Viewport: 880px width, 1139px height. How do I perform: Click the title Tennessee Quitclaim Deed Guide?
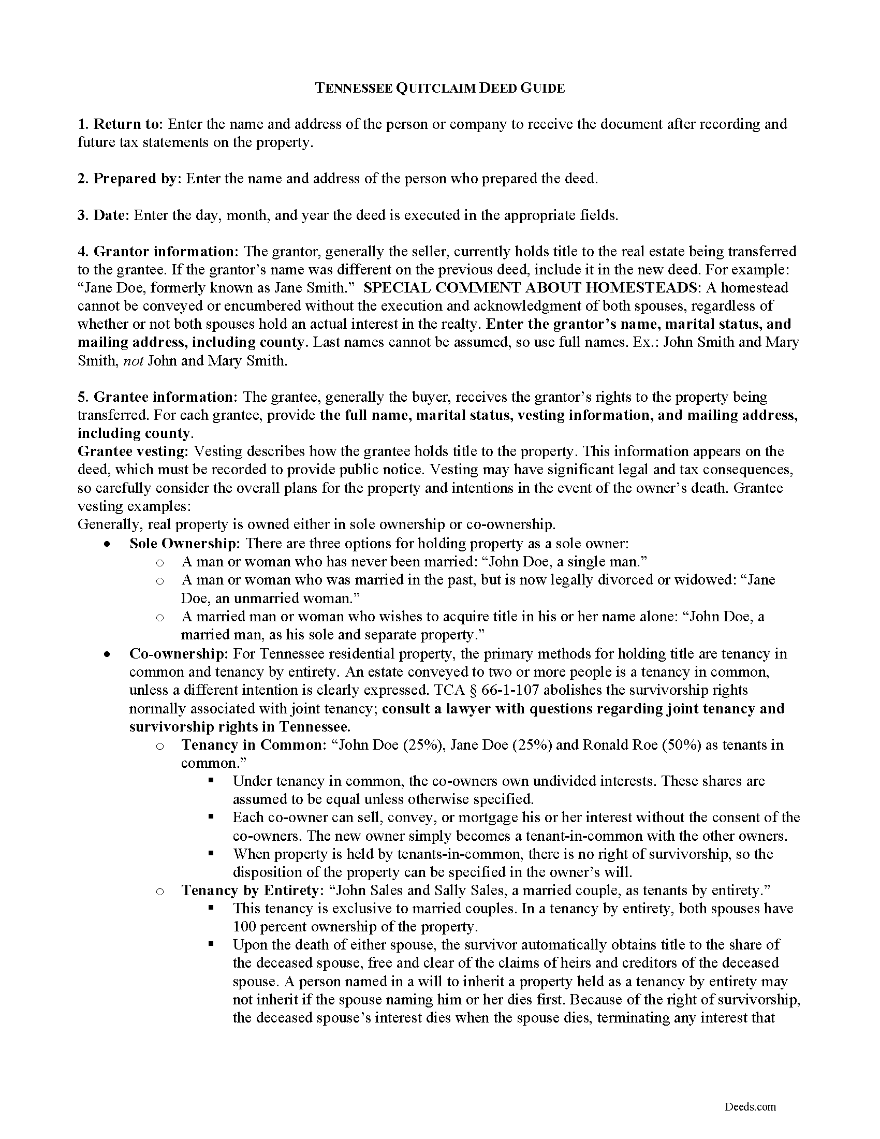click(x=439, y=88)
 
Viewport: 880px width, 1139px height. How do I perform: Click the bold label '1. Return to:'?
click(x=121, y=124)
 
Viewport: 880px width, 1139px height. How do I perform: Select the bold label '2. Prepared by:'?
click(x=130, y=179)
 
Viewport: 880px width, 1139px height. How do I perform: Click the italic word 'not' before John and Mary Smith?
click(x=133, y=360)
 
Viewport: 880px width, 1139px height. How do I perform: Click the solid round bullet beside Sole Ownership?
click(x=107, y=544)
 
